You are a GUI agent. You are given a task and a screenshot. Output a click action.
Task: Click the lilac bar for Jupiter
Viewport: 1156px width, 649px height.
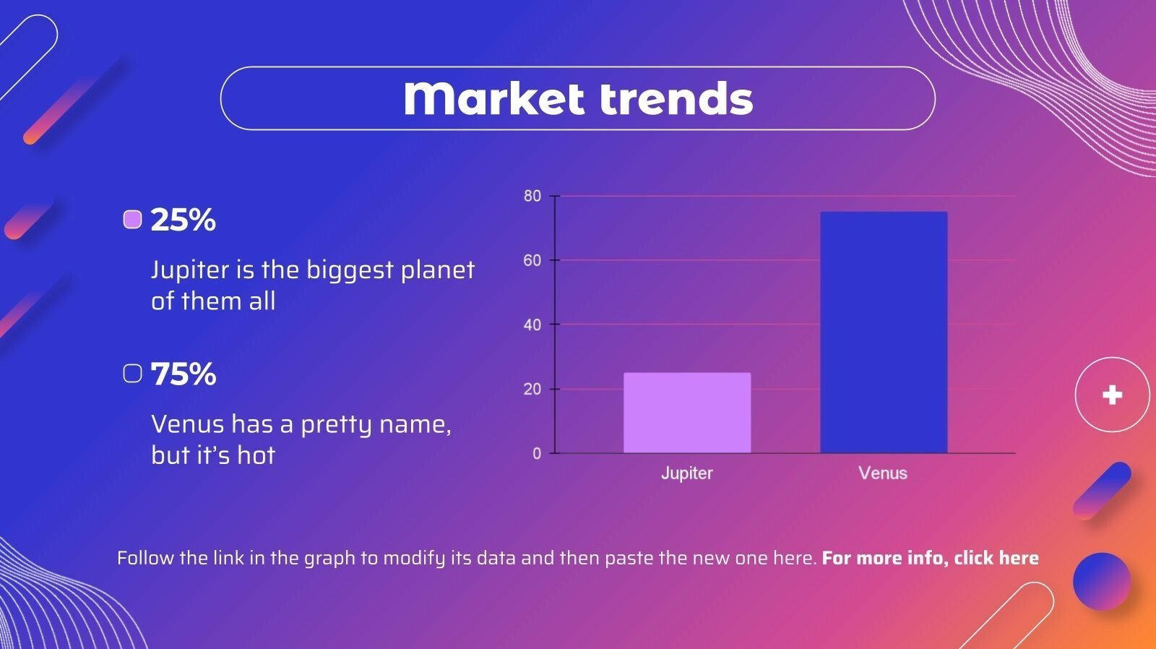pos(687,413)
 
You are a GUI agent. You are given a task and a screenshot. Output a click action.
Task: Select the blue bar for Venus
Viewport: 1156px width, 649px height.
pos(884,332)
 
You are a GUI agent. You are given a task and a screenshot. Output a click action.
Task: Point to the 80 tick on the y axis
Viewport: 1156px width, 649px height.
pos(532,196)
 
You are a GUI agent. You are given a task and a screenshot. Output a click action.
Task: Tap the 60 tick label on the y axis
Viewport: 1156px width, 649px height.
pos(532,260)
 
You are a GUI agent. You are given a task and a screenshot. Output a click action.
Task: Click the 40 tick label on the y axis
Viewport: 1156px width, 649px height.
pos(532,324)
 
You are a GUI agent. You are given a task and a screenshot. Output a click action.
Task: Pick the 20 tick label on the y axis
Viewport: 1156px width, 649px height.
pos(532,389)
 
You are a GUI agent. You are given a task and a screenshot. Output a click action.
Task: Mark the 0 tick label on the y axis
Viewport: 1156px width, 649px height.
pos(537,453)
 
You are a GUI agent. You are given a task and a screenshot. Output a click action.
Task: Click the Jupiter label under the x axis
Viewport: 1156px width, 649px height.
pos(687,473)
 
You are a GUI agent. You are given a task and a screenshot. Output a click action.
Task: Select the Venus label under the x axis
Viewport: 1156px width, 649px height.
pos(883,473)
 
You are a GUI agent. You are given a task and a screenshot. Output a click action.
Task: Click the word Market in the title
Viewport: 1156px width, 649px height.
pos(494,98)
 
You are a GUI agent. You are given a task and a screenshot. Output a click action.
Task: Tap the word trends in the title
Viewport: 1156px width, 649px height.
pos(676,98)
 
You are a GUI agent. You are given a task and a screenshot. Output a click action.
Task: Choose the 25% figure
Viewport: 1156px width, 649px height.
pos(183,220)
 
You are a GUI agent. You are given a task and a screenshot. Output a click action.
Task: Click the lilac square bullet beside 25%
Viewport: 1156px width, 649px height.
pos(133,220)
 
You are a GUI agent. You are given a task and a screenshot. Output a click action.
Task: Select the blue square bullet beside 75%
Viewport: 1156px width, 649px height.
pos(133,374)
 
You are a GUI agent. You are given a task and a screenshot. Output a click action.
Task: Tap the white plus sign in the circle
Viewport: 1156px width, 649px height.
pos(1112,395)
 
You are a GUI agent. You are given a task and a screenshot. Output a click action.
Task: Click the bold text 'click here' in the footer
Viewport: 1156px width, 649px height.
pos(996,558)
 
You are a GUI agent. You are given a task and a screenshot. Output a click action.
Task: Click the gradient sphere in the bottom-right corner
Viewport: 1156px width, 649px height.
pos(1102,581)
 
